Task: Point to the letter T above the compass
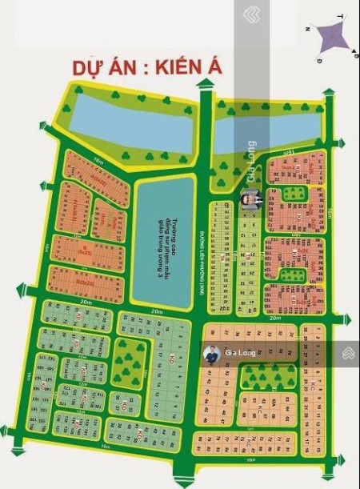(x=341, y=16)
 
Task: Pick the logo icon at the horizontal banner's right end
(x=349, y=353)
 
